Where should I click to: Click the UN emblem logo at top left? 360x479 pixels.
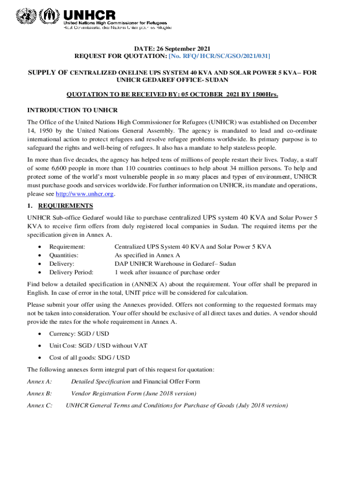[25, 18]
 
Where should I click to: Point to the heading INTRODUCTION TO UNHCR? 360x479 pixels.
[72, 110]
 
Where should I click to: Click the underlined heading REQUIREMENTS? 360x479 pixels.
[65, 206]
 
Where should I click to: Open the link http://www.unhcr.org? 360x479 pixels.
[85, 194]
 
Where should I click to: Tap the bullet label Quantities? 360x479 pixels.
[64, 255]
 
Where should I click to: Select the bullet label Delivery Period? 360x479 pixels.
[71, 272]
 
